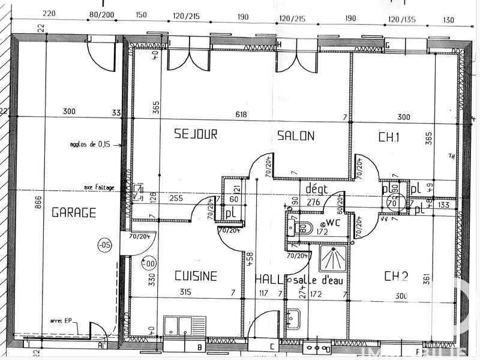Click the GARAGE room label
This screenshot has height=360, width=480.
74,212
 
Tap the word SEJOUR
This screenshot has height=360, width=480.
196,134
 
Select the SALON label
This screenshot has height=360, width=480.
296,136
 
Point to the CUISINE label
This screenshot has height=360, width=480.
196,276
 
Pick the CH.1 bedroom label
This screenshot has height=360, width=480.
389,136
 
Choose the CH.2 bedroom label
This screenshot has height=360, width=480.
396,276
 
